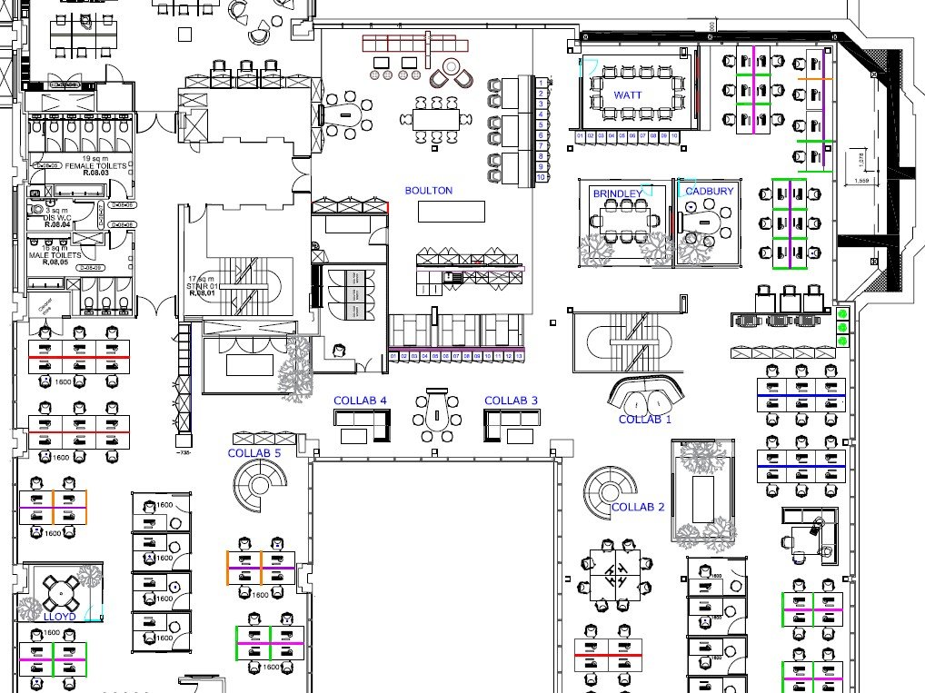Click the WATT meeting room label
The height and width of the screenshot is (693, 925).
pyautogui.click(x=628, y=95)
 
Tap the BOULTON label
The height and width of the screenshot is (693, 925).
pyautogui.click(x=428, y=191)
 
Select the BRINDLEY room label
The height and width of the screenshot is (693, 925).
pyautogui.click(x=617, y=193)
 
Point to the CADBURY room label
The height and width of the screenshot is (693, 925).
pyautogui.click(x=710, y=192)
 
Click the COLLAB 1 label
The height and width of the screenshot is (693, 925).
pyautogui.click(x=644, y=420)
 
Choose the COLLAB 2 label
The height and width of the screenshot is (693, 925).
pyautogui.click(x=638, y=507)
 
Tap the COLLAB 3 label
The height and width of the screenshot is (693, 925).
pyautogui.click(x=511, y=401)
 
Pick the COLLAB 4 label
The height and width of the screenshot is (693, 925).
pyautogui.click(x=360, y=401)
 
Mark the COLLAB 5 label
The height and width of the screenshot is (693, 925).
pyautogui.click(x=254, y=453)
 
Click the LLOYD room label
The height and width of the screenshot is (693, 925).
pyautogui.click(x=59, y=617)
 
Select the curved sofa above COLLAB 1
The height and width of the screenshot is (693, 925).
pyautogui.click(x=646, y=392)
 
